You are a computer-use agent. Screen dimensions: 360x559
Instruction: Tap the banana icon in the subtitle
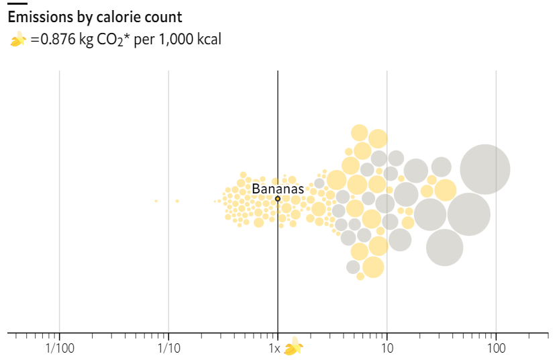click(x=17, y=41)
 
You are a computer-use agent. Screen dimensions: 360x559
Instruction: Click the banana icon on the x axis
click(x=293, y=348)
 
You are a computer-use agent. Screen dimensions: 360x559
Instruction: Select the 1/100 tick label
click(x=59, y=349)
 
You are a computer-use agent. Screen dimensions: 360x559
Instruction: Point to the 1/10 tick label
click(x=168, y=349)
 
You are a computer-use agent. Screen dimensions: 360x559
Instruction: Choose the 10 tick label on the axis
click(x=387, y=349)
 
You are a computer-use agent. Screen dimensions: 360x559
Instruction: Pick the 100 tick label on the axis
click(x=496, y=349)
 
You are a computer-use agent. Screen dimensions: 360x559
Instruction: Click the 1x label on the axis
click(x=274, y=349)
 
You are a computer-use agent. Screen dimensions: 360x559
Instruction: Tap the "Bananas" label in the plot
click(x=278, y=189)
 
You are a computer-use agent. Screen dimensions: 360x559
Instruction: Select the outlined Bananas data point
click(x=278, y=199)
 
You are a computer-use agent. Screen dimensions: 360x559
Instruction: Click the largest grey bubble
click(x=485, y=169)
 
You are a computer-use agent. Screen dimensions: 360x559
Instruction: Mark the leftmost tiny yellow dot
click(x=156, y=201)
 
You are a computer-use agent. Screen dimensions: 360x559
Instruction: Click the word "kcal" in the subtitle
click(x=207, y=40)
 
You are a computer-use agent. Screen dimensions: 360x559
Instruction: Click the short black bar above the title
click(x=17, y=3)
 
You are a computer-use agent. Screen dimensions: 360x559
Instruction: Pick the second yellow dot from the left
click(x=177, y=201)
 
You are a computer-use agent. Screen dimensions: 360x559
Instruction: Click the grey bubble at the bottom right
click(x=444, y=247)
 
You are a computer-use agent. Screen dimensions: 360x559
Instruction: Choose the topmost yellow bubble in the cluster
click(x=360, y=132)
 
